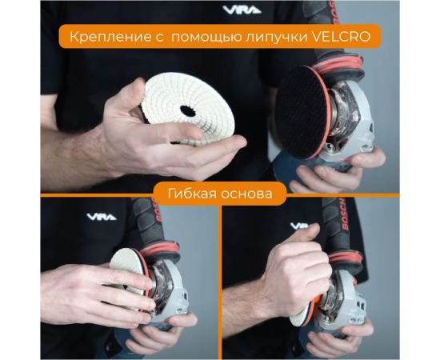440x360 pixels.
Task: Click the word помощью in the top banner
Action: pyautogui.click(x=206, y=38)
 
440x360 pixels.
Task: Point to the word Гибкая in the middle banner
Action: pyautogui.click(x=192, y=194)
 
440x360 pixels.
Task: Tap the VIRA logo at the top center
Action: pyautogui.click(x=242, y=10)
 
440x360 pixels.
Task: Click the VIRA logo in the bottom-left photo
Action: pyautogui.click(x=102, y=217)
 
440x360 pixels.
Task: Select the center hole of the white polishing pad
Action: pyautogui.click(x=188, y=111)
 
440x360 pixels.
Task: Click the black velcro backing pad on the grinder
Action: pyautogui.click(x=300, y=112)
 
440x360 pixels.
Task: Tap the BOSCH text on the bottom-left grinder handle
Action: pyautogui.click(x=157, y=210)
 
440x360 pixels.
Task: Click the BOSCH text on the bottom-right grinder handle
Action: pyautogui.click(x=344, y=214)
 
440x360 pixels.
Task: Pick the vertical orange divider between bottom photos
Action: pyautogui.click(x=220, y=278)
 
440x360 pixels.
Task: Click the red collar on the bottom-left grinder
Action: pyautogui.click(x=160, y=249)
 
